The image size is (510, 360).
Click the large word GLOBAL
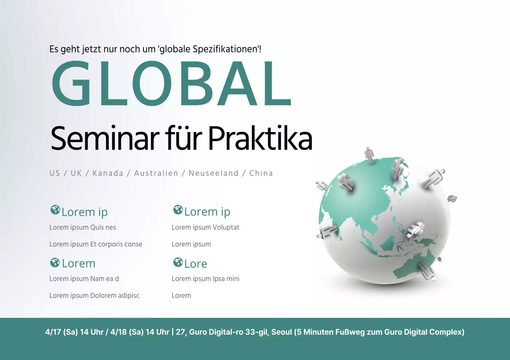pos(171,84)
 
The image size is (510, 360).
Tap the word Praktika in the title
pos(260,138)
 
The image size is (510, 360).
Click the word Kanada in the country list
pos(108,173)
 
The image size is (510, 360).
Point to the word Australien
pos(156,173)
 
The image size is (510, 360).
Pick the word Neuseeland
pos(214,173)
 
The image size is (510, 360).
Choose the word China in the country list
pos(261,173)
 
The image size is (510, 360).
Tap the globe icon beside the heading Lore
pos(178,263)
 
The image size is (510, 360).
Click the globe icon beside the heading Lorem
pos(55,263)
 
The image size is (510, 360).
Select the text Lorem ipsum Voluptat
pos(206,228)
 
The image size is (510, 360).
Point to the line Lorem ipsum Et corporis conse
pos(96,244)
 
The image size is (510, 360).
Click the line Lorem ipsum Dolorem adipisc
pos(94,296)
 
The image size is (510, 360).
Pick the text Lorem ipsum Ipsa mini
pos(206,279)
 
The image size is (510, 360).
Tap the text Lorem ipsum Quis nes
pos(82,228)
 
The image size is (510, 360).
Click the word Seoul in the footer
pos(282,332)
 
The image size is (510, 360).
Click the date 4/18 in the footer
pos(114,332)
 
